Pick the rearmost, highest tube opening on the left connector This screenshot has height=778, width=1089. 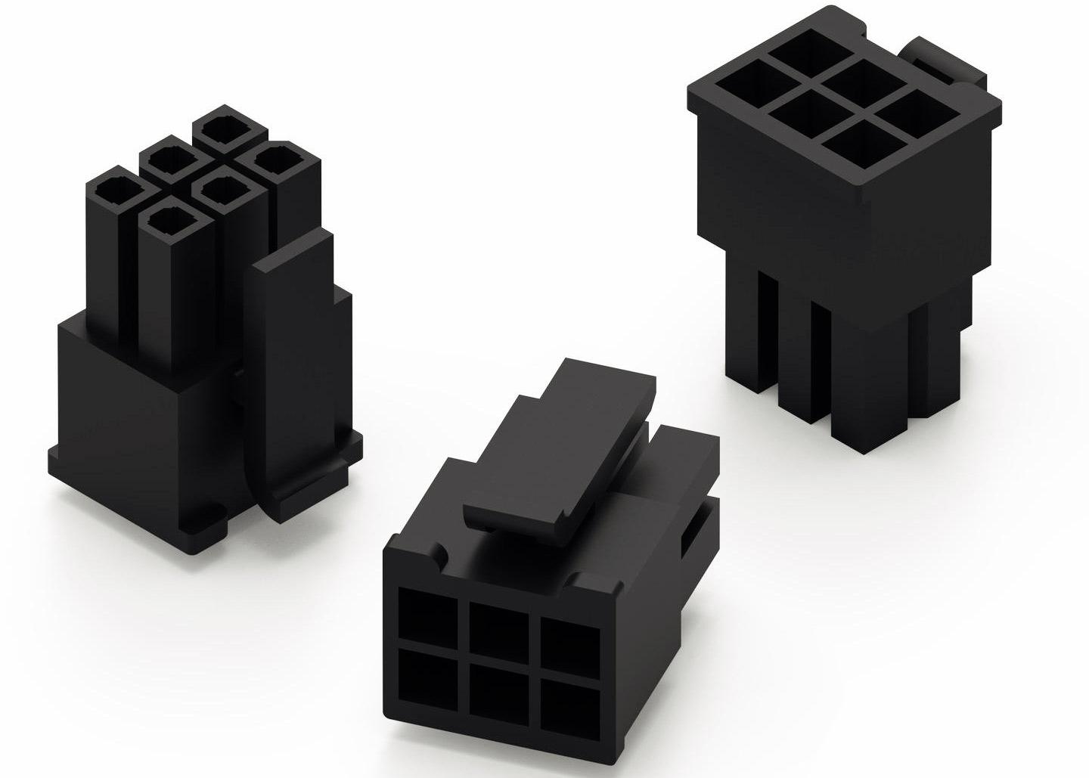coord(219,127)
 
